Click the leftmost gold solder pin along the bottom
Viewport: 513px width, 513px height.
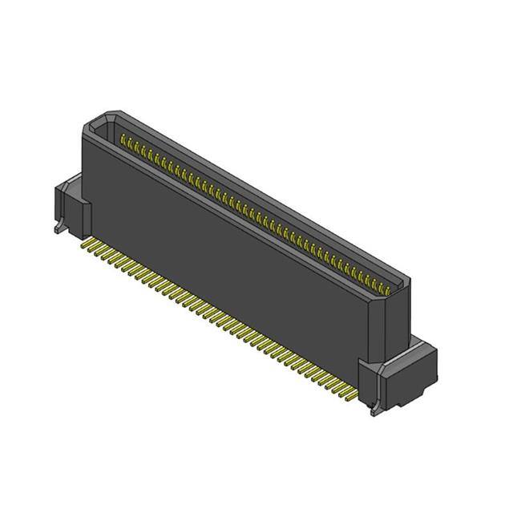point(86,240)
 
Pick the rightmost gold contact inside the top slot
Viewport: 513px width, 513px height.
point(390,288)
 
